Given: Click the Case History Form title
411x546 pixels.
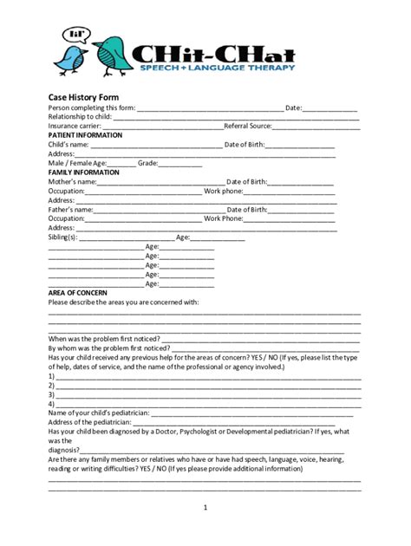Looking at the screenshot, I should point(83,96).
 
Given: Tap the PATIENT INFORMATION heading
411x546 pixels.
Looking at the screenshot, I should point(85,135).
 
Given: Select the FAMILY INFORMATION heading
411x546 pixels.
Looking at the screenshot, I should point(83,172).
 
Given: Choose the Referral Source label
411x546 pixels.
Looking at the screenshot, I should point(248,126).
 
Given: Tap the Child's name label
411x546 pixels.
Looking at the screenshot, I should point(68,145).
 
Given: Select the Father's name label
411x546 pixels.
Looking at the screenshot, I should point(70,210).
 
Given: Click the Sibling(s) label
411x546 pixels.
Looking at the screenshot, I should point(63,237).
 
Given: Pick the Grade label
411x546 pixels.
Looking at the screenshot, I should point(147,163).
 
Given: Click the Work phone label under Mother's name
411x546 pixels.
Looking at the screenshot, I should point(224,191).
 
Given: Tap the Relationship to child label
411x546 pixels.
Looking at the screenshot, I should point(81,116).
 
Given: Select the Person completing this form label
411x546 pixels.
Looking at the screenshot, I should point(92,107).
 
